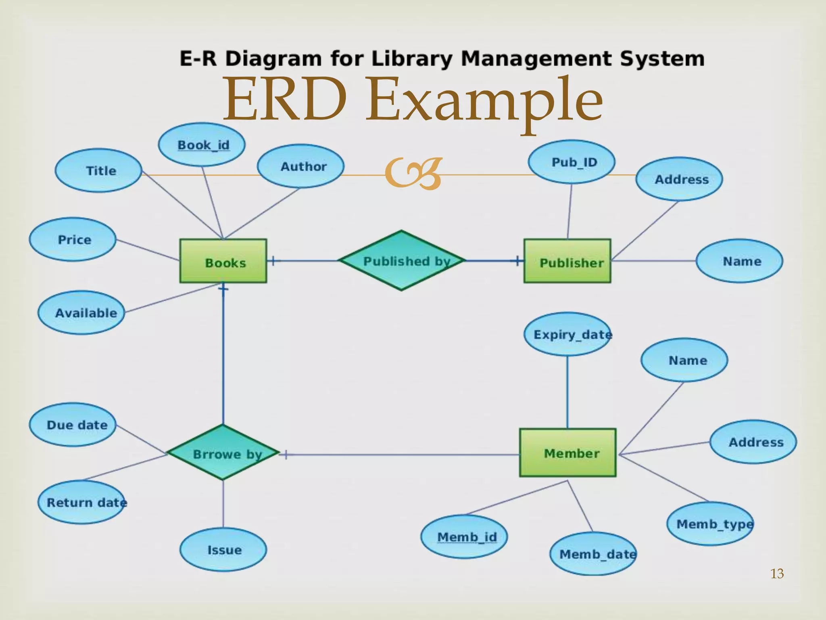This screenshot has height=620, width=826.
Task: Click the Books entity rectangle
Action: (x=223, y=261)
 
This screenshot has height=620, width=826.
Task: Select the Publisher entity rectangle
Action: (x=567, y=261)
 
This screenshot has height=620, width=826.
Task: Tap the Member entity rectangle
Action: (x=567, y=453)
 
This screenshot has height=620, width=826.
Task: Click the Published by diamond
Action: (x=402, y=261)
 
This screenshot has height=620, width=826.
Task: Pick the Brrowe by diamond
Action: (x=223, y=453)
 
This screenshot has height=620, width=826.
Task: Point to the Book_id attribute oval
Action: (x=202, y=145)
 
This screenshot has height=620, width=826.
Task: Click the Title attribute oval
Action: (x=98, y=171)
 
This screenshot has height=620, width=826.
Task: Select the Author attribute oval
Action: (x=301, y=166)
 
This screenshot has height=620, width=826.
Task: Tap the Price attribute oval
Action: (x=73, y=240)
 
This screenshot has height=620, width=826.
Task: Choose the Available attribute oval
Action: (x=81, y=313)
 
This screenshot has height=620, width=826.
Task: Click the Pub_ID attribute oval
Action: (x=572, y=162)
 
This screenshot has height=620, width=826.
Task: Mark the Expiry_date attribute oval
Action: (x=567, y=334)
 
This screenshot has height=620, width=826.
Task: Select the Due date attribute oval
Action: (x=73, y=425)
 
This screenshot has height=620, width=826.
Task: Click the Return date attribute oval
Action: (x=81, y=503)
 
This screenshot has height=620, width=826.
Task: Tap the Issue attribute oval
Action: (x=223, y=550)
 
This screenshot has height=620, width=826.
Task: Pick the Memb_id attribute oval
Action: (x=464, y=537)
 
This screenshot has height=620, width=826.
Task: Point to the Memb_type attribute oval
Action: (x=710, y=524)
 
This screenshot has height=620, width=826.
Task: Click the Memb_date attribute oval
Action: (x=593, y=554)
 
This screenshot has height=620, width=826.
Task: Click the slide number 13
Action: (x=777, y=574)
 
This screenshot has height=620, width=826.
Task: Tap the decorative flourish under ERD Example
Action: (x=413, y=174)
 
